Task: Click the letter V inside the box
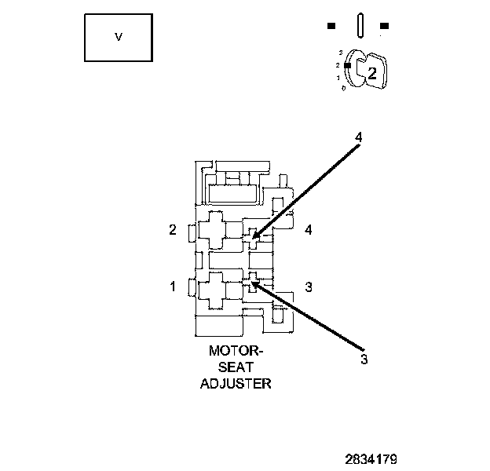coord(119,37)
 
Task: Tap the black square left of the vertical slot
coord(332,26)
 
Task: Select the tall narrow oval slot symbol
coord(358,24)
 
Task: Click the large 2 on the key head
coord(373,74)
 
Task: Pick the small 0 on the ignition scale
coord(343,87)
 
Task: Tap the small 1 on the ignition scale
coord(338,77)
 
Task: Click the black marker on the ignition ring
coord(347,65)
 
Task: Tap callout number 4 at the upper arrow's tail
coord(358,137)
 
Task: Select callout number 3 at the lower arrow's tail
coord(364,360)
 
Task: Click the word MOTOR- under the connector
coord(236,352)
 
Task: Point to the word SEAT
coord(236,367)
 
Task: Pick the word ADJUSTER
coord(236,384)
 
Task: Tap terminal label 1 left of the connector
coord(173,287)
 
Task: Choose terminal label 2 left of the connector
coord(173,230)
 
